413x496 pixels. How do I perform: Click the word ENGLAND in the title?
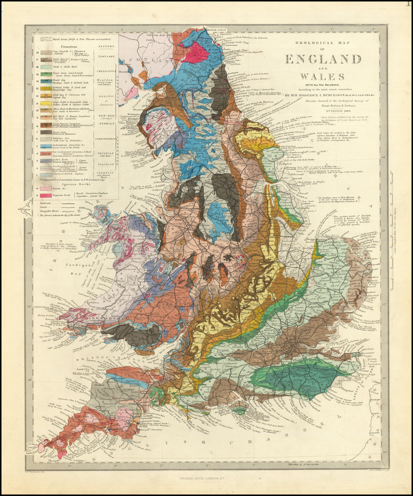coord(323,59)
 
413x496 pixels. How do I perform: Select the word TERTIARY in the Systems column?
coord(106,56)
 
